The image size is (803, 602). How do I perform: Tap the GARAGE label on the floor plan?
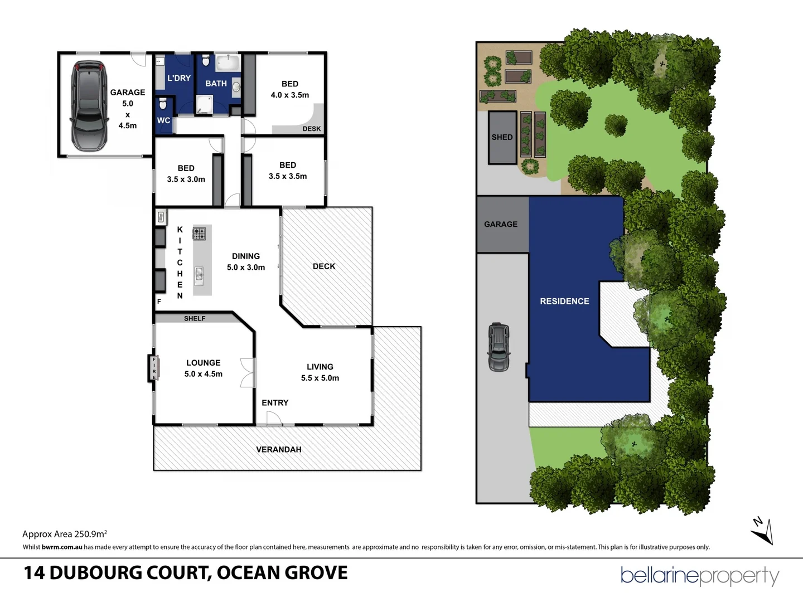127,93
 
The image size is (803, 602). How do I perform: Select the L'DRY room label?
179,78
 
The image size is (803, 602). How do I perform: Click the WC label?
163,120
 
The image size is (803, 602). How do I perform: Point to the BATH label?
216,84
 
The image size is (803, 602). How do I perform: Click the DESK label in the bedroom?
312,129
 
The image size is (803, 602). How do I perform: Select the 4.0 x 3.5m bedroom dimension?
290,95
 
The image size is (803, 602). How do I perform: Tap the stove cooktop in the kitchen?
199,234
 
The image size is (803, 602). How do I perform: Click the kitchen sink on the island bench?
199,274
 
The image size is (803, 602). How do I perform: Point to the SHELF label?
195,318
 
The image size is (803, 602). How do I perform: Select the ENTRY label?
275,402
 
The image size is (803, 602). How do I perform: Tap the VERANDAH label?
279,449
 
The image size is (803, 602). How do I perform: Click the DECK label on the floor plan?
324,266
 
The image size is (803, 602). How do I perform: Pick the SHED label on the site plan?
502,137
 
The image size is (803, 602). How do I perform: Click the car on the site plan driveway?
499,347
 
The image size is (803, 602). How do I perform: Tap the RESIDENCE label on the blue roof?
564,301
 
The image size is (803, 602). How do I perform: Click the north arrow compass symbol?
762,530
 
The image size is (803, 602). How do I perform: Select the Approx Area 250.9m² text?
65,533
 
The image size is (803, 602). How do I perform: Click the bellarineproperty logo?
700,575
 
